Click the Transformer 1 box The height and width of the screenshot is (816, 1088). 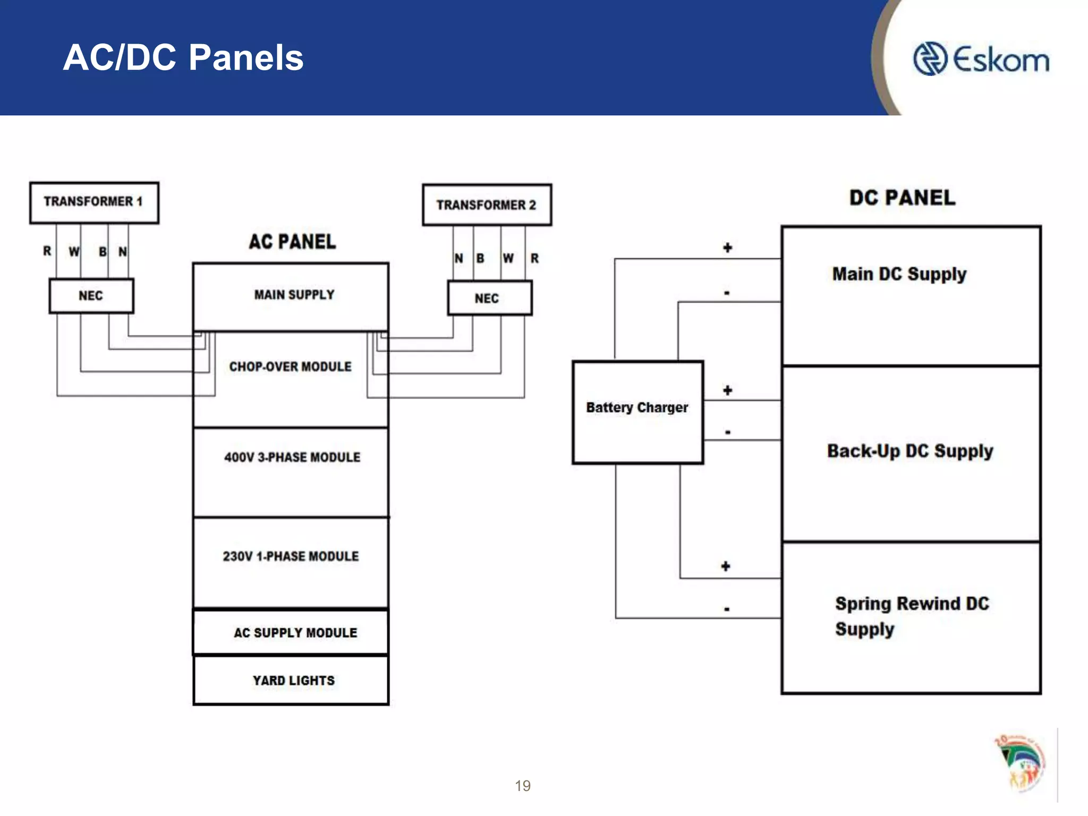[x=94, y=202]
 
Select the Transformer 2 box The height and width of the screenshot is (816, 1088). [x=487, y=205]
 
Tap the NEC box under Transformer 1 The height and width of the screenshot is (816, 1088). [x=91, y=296]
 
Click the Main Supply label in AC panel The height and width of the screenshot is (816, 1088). [x=294, y=295]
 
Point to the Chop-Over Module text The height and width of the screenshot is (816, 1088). [x=290, y=367]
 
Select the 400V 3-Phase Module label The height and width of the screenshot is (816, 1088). [x=292, y=457]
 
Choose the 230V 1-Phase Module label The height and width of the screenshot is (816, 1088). [x=291, y=556]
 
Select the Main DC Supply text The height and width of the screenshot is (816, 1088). [x=899, y=274]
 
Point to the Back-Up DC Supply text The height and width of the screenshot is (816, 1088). [x=910, y=451]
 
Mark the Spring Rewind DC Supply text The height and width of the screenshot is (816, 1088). [x=912, y=616]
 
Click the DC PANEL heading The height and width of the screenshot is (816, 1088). [x=902, y=198]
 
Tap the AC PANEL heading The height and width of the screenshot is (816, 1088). [x=292, y=242]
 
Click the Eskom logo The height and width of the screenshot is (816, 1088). [x=981, y=59]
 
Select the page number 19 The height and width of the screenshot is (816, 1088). [x=522, y=786]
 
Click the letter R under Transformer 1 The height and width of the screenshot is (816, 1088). [x=47, y=251]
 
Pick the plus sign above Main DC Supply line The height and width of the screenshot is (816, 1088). [x=727, y=248]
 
